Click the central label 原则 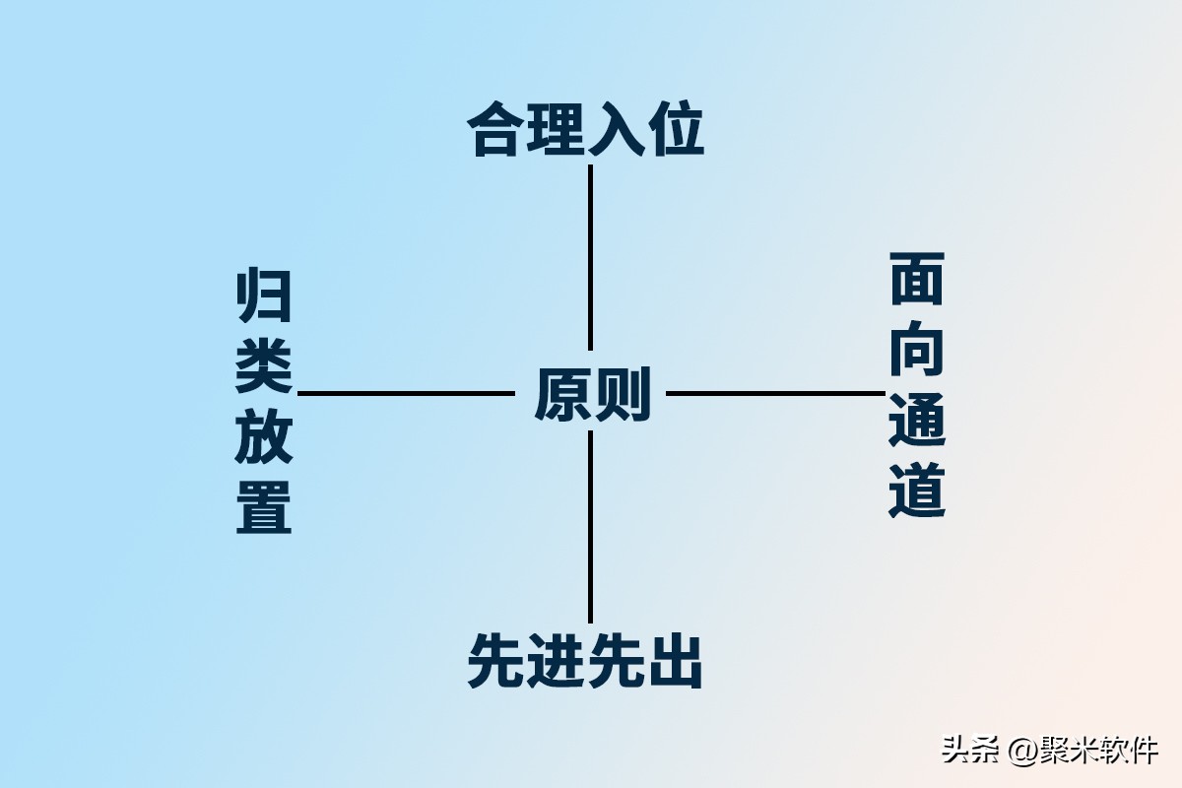[592, 394]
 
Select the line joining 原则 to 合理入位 [590, 257]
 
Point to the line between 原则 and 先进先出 [590, 527]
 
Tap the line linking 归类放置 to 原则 [406, 393]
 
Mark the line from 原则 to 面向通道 [776, 393]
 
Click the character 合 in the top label [495, 129]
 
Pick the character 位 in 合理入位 [676, 129]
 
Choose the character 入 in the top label [616, 129]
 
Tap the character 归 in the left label [263, 295]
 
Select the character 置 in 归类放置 [263, 506]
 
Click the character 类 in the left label [263, 365]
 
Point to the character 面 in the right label [917, 278]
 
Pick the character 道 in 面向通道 [917, 491]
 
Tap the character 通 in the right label [917, 420]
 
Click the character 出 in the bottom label [675, 661]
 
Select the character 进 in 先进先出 [556, 661]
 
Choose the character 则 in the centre [623, 394]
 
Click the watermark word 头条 [970, 750]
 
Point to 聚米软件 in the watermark [1098, 750]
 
